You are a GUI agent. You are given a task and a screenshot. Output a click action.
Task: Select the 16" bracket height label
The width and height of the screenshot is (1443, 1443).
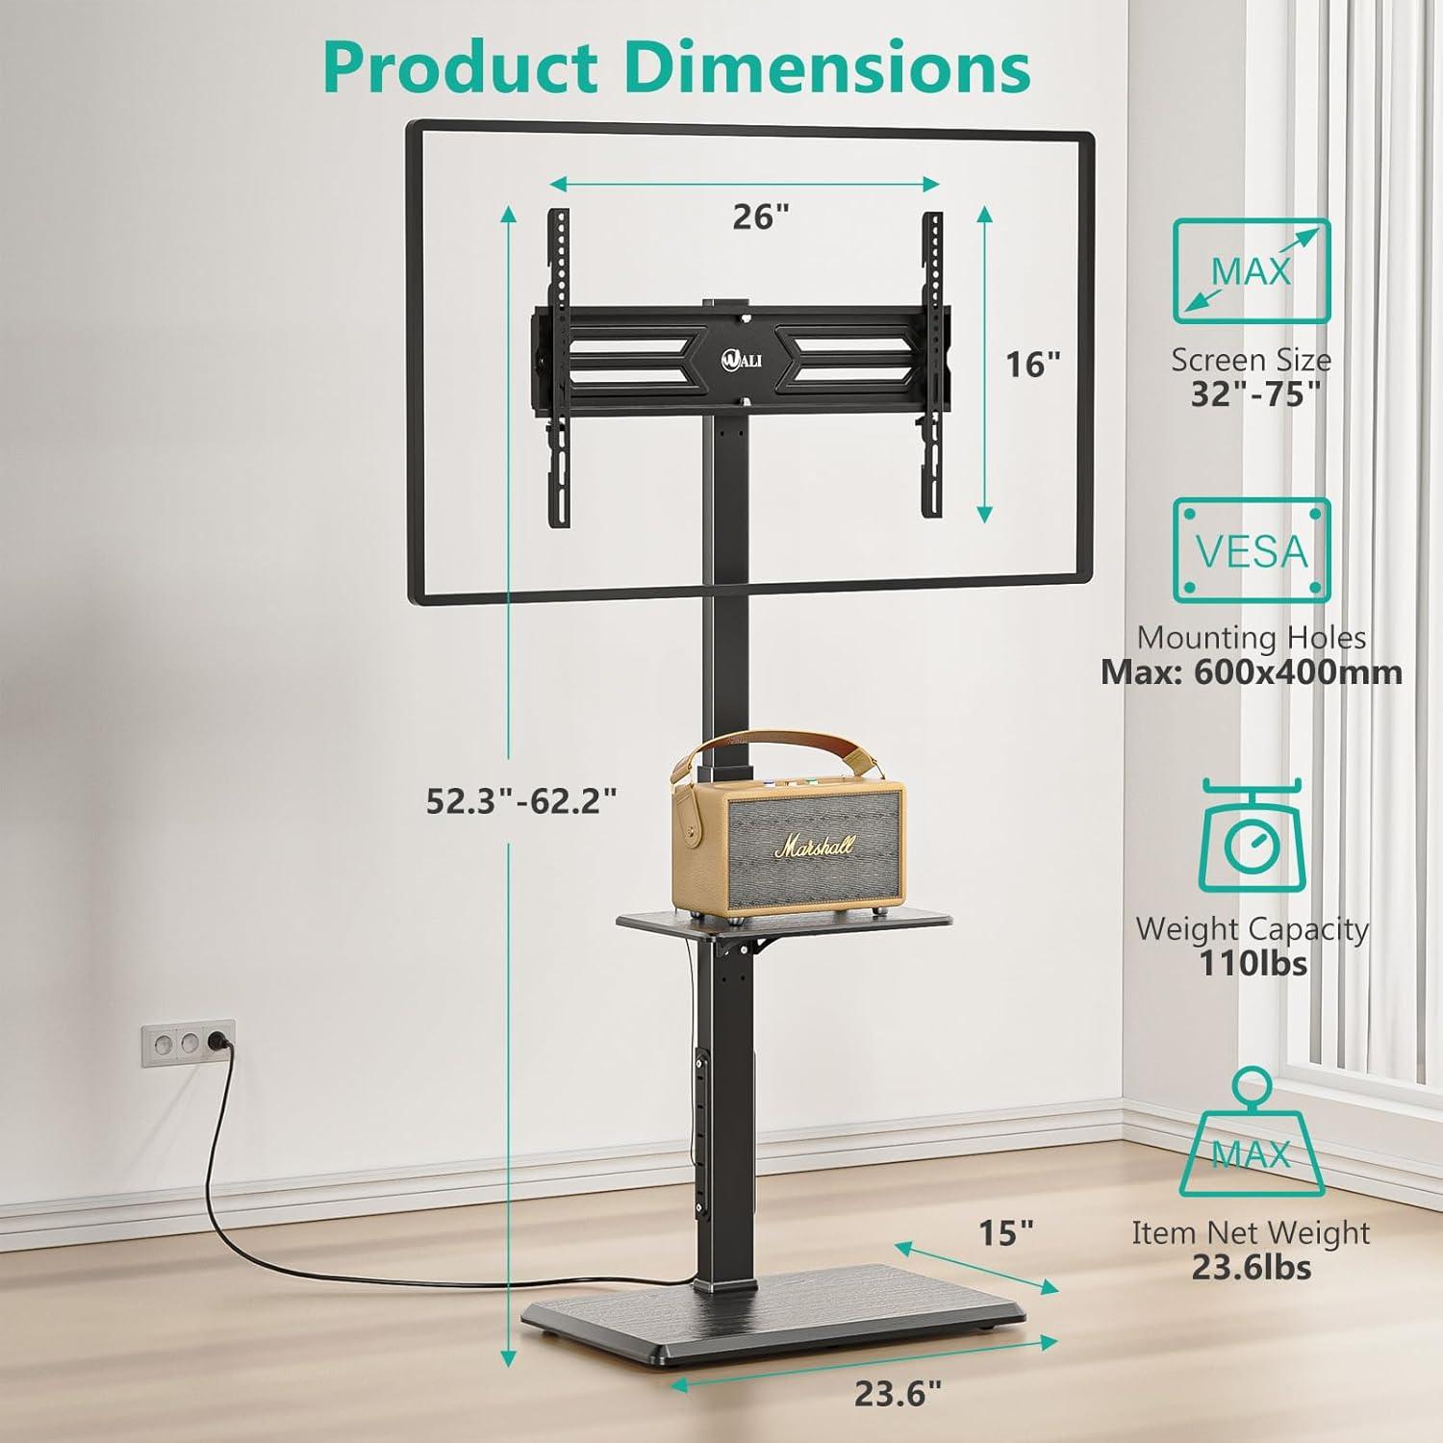pos(1032,365)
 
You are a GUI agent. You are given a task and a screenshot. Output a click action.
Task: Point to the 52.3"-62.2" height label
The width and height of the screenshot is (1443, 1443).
pos(521,800)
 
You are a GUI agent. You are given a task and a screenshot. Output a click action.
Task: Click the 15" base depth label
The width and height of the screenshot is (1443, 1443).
pos(1005,1232)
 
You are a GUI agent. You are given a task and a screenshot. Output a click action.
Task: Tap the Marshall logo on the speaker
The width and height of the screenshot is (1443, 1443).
pos(815,848)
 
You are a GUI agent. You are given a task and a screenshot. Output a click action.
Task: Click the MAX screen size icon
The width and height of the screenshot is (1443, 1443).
pos(1251,271)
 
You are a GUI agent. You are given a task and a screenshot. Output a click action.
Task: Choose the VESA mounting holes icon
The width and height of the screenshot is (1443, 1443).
pos(1251,550)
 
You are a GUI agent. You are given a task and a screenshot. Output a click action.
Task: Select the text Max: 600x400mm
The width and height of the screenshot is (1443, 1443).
pos(1252,671)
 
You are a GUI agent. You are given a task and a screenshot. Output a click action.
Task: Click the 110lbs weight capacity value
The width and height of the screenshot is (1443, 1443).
pos(1253,962)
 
